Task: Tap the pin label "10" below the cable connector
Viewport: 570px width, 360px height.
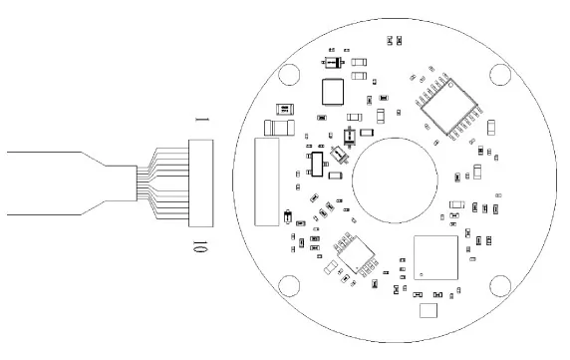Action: click(x=199, y=246)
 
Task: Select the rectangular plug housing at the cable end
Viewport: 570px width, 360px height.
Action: click(x=200, y=183)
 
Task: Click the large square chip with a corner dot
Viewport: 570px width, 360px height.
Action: click(x=435, y=257)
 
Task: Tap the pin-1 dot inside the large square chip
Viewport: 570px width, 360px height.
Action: click(x=422, y=274)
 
